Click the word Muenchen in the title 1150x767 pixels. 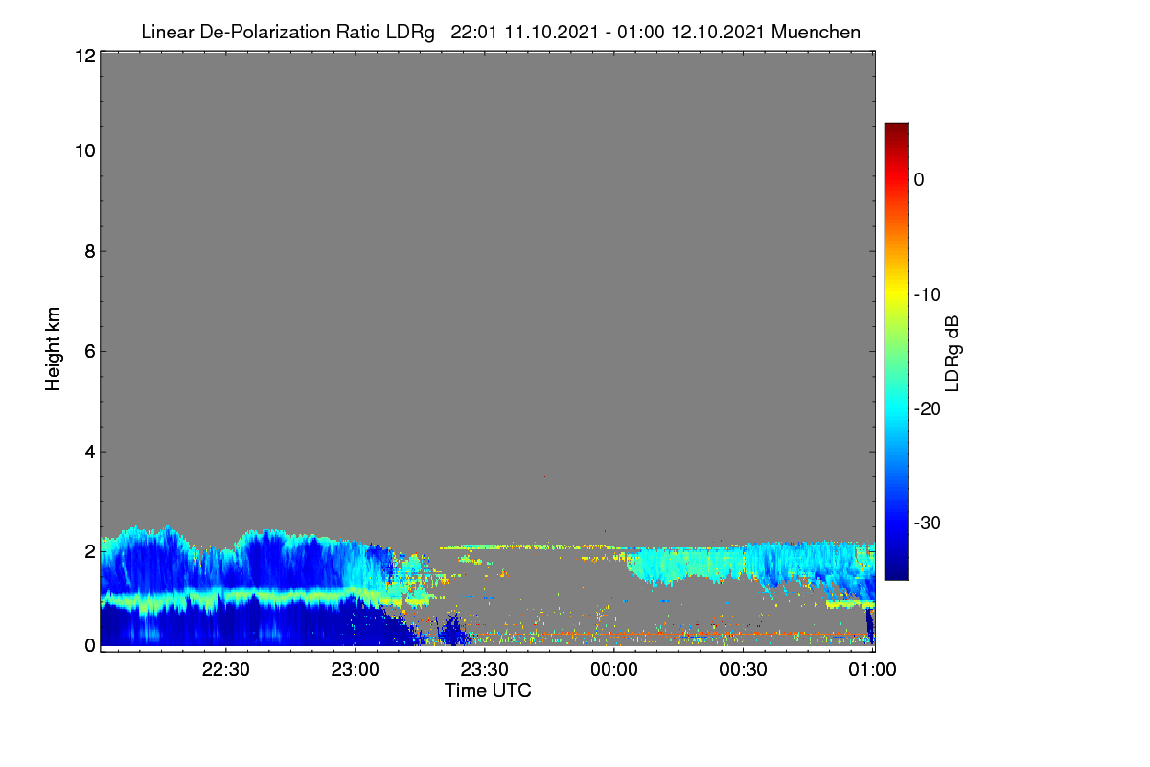tap(816, 33)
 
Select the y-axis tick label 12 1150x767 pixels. tap(85, 56)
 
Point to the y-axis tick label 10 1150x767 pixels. tap(85, 151)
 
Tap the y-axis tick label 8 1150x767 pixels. tap(90, 252)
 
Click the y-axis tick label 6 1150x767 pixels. tap(90, 352)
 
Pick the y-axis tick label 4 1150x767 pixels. tap(90, 453)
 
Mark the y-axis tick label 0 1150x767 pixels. tap(90, 646)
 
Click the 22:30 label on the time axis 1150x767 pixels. tap(226, 670)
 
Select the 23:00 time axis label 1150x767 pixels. tap(356, 670)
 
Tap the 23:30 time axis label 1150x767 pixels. tap(485, 670)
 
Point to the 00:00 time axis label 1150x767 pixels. tap(614, 670)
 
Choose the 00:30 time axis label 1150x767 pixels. tap(744, 670)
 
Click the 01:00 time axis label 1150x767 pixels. tap(873, 670)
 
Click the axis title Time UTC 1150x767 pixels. tap(488, 691)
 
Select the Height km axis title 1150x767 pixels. tap(53, 349)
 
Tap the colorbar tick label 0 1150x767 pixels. tap(919, 180)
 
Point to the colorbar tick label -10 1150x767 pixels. tap(928, 295)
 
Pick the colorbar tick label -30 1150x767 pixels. tap(928, 523)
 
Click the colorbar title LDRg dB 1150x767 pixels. tap(953, 354)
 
